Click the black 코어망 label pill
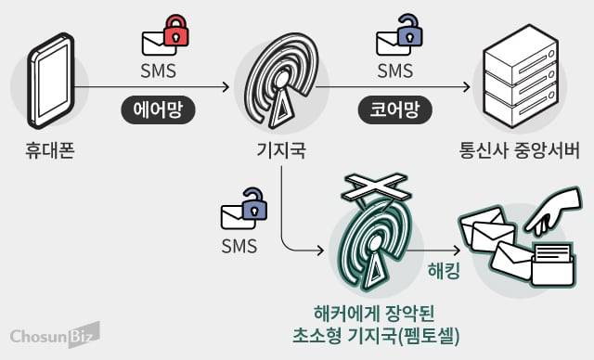390,111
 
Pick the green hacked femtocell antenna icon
375,245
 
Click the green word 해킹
442,272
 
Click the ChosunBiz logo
55,335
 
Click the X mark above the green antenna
375,189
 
